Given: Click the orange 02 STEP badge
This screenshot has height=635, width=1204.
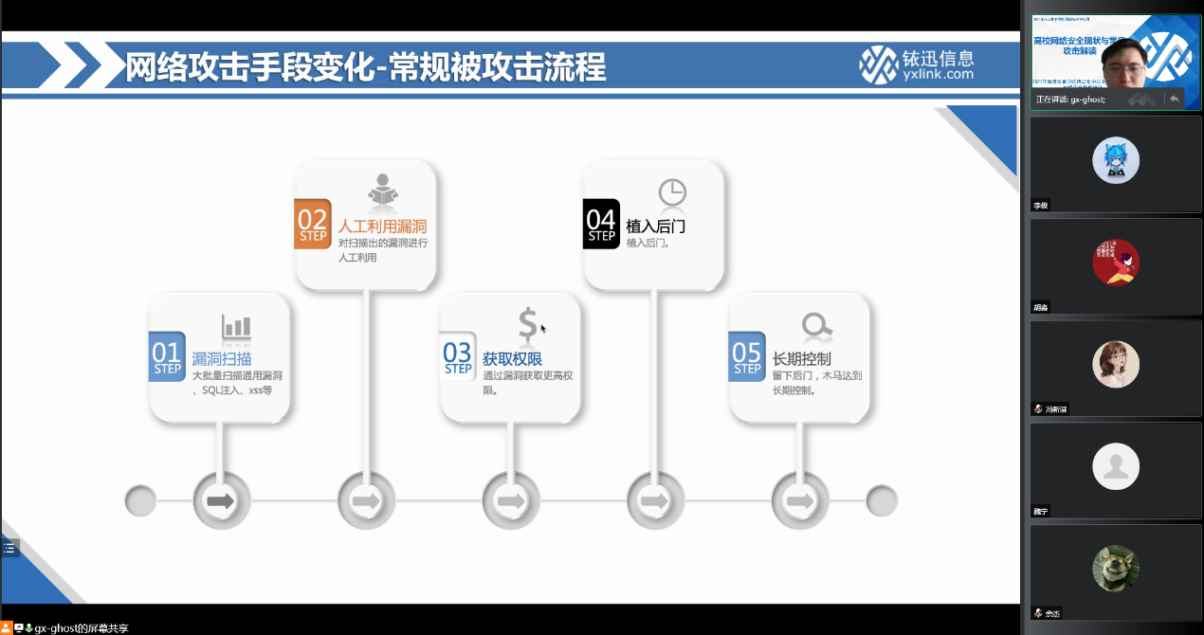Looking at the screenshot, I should [313, 224].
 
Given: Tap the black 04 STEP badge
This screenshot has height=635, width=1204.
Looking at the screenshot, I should [601, 224].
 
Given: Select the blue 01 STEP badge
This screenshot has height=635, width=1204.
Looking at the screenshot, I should [167, 356].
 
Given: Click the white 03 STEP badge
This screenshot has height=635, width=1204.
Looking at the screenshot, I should [458, 356].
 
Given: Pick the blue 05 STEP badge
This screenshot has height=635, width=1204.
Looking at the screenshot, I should [747, 356].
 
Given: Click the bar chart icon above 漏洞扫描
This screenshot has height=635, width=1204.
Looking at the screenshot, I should [236, 327].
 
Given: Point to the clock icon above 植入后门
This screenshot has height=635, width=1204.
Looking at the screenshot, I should [672, 192].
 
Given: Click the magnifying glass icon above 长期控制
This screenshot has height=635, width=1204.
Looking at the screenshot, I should [816, 326].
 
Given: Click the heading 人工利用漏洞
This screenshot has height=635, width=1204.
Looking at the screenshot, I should [382, 227].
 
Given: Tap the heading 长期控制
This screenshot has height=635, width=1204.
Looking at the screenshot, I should [802, 359].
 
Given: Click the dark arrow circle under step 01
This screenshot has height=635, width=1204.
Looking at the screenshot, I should [221, 500].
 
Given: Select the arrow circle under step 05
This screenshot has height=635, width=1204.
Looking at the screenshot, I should [800, 500].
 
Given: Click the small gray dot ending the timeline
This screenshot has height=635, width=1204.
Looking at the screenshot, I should [882, 500].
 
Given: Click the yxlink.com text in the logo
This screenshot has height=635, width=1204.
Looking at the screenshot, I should [938, 74].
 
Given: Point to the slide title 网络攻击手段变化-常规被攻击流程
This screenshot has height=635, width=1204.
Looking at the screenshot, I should [366, 67].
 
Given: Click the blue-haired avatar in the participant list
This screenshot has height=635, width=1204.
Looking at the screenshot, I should [1116, 160].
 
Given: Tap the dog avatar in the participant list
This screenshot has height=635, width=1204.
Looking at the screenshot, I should [1116, 568].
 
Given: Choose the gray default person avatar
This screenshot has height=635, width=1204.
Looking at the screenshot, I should [1116, 465].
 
